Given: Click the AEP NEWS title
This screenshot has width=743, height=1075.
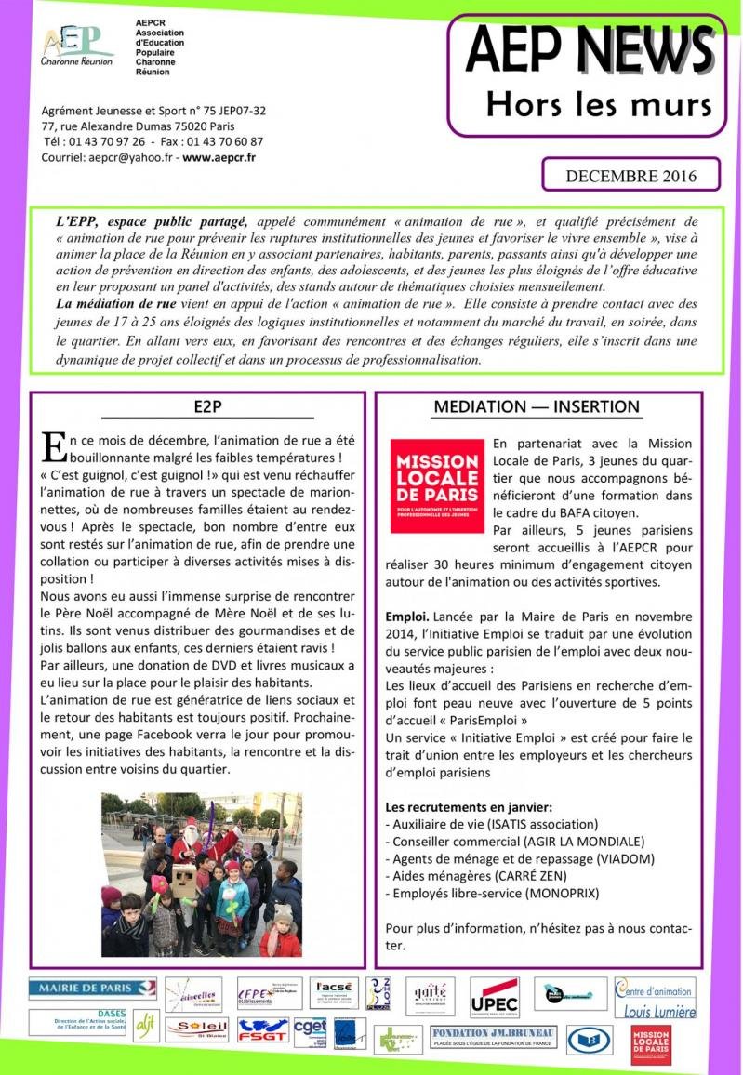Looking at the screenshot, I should point(589,49).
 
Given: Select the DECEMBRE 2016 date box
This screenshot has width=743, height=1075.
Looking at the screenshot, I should point(631,175).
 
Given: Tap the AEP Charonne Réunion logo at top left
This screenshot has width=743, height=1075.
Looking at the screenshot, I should point(77,45).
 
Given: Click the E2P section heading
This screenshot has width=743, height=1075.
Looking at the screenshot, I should point(207,406).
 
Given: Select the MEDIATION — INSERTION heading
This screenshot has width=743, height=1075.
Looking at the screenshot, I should point(537,406).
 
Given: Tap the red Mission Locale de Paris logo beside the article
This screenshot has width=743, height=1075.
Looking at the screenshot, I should point(436,485).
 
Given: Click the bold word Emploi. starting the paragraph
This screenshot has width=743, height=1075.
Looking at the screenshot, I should point(407,617).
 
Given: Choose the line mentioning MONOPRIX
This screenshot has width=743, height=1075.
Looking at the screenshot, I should point(492,893).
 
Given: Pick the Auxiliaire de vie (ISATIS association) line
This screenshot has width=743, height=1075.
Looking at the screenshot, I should point(491,823).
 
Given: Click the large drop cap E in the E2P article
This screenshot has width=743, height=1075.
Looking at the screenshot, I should point(54,447).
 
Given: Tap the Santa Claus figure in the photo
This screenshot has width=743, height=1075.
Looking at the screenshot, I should point(192,837).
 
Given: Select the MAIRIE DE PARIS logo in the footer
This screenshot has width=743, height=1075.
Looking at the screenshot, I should point(79,987).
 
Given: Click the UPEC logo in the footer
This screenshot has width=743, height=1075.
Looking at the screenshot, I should point(494,997).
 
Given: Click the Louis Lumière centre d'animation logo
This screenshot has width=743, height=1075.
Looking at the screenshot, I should point(655,997).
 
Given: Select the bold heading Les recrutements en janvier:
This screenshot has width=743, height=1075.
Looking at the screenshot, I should point(469,805).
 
